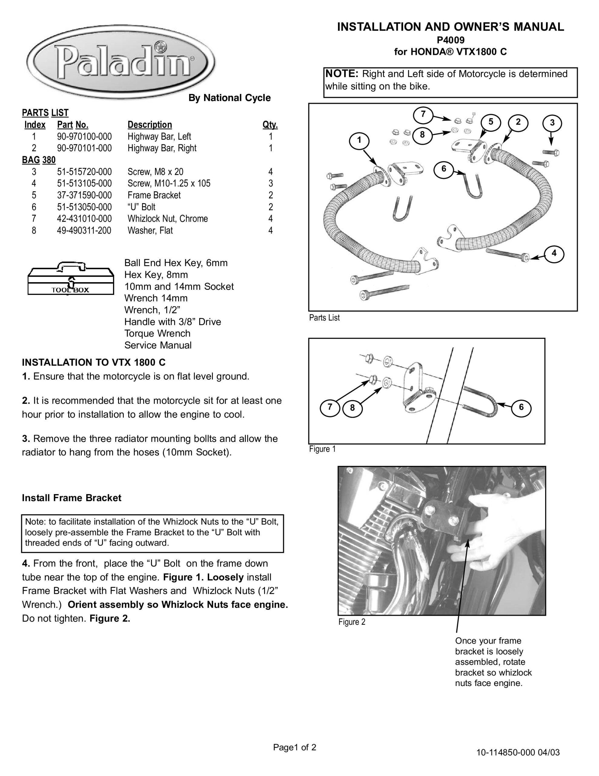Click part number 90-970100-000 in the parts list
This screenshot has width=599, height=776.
pyautogui.click(x=84, y=136)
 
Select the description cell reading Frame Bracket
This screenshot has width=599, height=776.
pyautogui.click(x=154, y=195)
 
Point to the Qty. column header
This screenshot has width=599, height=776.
pyautogui.click(x=270, y=125)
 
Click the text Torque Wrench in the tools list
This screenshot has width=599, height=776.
pyautogui.click(x=157, y=333)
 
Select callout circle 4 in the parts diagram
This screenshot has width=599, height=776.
pyautogui.click(x=554, y=253)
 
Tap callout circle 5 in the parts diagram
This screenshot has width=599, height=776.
pyautogui.click(x=490, y=122)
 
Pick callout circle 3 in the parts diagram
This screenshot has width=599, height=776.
pyautogui.click(x=552, y=123)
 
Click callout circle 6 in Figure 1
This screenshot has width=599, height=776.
pyautogui.click(x=521, y=407)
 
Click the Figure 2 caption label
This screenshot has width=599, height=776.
pyautogui.click(x=352, y=622)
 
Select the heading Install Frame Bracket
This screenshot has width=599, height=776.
pyautogui.click(x=71, y=498)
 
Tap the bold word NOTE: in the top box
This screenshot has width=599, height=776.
pyautogui.click(x=342, y=74)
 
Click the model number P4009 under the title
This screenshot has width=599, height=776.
pyautogui.click(x=450, y=40)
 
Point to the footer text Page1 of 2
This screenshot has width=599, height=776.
pyautogui.click(x=294, y=747)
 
